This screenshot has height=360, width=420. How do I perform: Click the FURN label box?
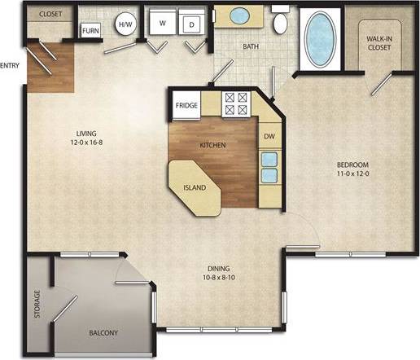[90, 30]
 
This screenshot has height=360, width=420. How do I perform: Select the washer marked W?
[162, 23]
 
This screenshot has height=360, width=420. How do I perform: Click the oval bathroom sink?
[240, 15]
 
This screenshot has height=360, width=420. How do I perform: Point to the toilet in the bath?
[281, 22]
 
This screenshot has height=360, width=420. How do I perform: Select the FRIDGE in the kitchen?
[187, 104]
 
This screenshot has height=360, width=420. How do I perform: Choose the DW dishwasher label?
[269, 136]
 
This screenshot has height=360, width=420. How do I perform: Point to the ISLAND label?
[195, 188]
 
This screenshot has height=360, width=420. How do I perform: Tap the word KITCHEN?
[212, 146]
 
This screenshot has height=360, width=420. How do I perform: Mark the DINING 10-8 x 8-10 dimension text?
[218, 273]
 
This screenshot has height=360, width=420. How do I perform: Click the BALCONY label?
[103, 333]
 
